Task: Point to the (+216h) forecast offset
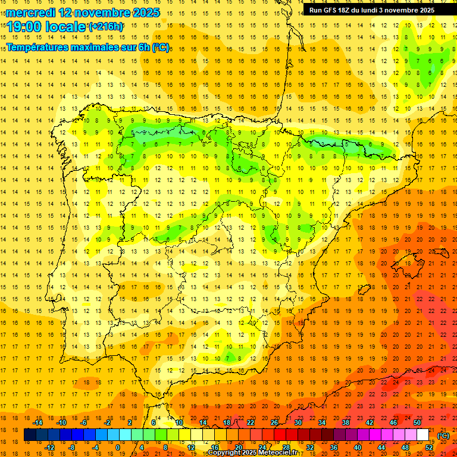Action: coord(106,27)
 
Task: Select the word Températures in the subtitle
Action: coord(41,47)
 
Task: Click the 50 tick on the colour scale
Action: coord(417,422)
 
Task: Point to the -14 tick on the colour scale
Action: coord(38,422)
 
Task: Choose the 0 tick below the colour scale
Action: coord(118,447)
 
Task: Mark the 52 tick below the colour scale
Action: coord(429,447)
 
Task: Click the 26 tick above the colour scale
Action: coord(274,422)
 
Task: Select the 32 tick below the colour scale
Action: coord(310,447)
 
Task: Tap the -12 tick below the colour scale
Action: coord(49,447)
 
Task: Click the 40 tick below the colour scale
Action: coord(358,447)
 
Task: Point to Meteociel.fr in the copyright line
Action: coord(277,453)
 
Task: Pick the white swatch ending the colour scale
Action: coord(423,435)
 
